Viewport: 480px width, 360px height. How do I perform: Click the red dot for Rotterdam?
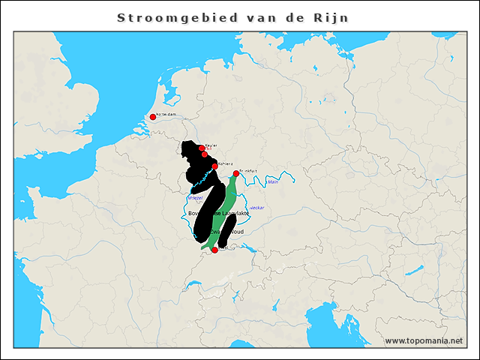click(x=152, y=116)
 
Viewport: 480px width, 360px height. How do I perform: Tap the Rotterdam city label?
click(x=166, y=115)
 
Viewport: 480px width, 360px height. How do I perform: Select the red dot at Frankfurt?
click(x=236, y=174)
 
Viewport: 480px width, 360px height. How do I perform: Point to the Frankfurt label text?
click(x=248, y=171)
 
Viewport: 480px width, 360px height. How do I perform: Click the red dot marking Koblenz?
click(x=214, y=166)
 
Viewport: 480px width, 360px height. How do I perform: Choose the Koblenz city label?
click(x=226, y=163)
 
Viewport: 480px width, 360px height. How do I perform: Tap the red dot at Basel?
click(x=214, y=250)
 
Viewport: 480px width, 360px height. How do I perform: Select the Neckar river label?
click(x=256, y=207)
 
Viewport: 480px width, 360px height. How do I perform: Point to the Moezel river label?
click(x=194, y=198)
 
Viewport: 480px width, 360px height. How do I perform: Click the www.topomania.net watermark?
click(x=424, y=340)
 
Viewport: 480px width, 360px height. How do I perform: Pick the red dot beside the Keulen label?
click(x=202, y=148)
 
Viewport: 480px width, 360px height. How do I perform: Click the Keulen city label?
click(x=211, y=145)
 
